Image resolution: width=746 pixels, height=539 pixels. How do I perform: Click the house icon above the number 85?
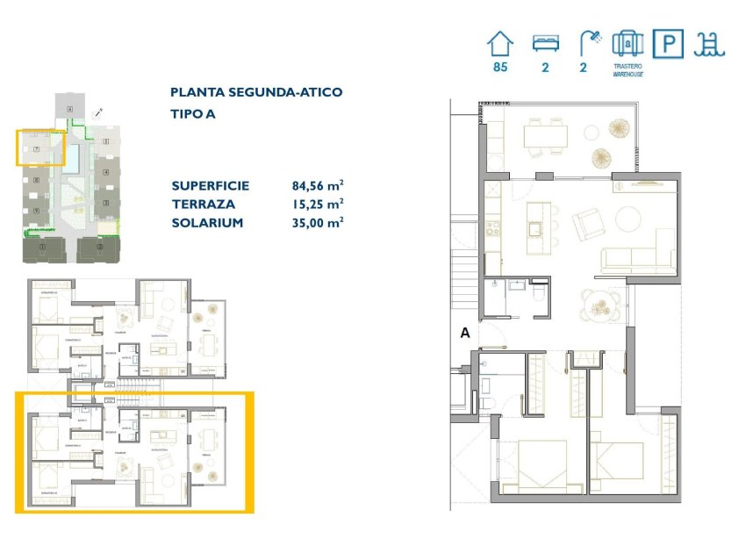point(500,44)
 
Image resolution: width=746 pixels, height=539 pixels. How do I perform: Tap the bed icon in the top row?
point(545,44)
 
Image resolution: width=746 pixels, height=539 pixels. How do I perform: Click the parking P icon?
point(667,44)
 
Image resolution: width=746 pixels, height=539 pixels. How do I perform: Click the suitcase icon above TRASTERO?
point(628,44)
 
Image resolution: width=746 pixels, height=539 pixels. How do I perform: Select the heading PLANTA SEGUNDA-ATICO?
point(255,92)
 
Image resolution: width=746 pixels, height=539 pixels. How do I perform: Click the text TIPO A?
point(192,114)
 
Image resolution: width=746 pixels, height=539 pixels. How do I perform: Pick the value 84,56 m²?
point(317,185)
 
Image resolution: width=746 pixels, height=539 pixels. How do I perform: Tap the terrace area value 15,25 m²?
point(317,204)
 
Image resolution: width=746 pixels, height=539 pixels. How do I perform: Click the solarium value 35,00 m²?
point(317,222)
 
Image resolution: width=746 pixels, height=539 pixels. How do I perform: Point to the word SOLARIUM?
point(207,222)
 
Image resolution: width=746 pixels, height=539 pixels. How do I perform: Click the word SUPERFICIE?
point(211,185)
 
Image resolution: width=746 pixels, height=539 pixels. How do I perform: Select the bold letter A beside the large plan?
point(464,333)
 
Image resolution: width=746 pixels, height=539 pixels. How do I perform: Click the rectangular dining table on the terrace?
point(545,135)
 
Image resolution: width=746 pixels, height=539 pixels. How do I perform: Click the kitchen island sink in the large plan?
point(534,229)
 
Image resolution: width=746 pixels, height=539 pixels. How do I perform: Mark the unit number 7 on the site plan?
point(36,150)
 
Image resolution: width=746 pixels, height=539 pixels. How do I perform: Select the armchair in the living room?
point(586,224)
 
